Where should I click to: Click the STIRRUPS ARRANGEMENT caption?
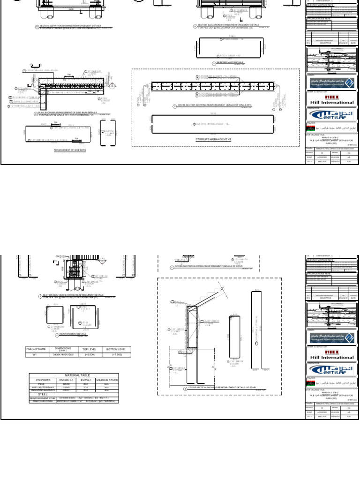(x=213, y=139)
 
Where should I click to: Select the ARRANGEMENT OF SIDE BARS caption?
(x=70, y=150)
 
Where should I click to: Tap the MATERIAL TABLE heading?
(x=75, y=375)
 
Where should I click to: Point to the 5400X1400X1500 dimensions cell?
(x=62, y=355)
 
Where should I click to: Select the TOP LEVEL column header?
(x=88, y=349)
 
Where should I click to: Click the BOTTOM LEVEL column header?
(x=116, y=349)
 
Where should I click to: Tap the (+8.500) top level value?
(x=88, y=355)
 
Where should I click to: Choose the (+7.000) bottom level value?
(x=116, y=355)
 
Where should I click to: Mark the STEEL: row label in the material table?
(x=43, y=394)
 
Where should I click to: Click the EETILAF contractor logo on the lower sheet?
(x=332, y=369)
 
